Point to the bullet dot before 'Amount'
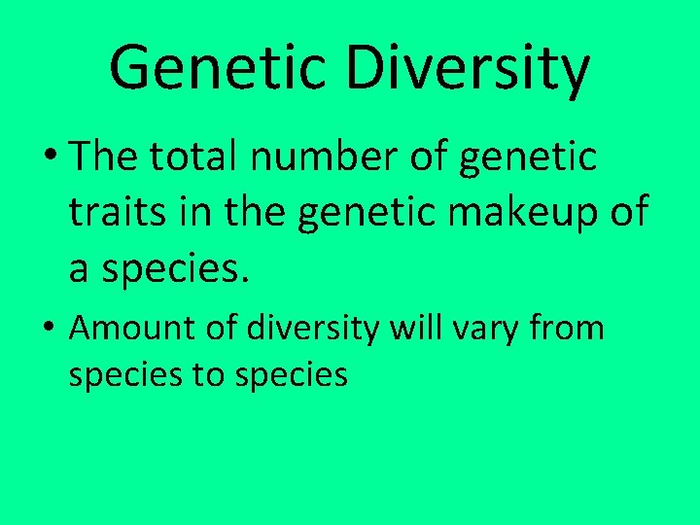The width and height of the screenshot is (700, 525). (x=49, y=330)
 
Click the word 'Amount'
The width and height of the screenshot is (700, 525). (x=130, y=329)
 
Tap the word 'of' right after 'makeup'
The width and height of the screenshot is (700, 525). (x=625, y=212)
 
